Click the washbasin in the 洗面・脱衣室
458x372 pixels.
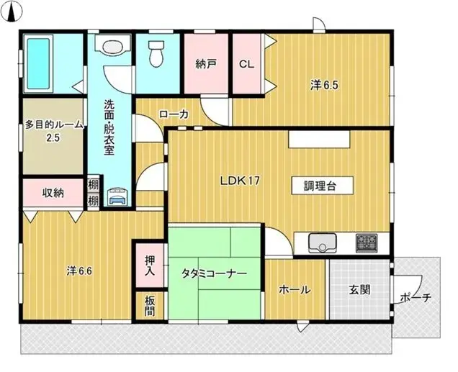(112, 47)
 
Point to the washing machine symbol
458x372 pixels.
(117, 195)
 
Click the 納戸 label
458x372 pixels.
(206, 63)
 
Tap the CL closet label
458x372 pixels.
(246, 63)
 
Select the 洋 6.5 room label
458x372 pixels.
(324, 85)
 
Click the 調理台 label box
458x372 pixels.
(321, 185)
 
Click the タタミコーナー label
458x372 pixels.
(215, 274)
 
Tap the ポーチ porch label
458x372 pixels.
(416, 296)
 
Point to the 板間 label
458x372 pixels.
(150, 305)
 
